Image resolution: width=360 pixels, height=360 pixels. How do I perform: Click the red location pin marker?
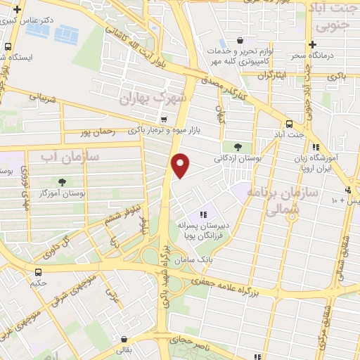pos(181,165)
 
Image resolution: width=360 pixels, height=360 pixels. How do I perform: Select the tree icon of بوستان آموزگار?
pos(63,182)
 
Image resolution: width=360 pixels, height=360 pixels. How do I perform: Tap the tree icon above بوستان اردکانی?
pos(238,146)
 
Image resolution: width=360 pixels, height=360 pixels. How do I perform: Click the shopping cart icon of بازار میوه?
pos(163,119)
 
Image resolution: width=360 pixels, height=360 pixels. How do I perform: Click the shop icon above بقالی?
pos(124,338)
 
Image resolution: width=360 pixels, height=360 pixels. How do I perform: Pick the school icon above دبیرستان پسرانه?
pos(203,214)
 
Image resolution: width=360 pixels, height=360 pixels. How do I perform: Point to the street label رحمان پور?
pos(97,131)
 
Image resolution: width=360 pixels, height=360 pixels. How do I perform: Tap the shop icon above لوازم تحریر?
pos(240,40)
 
